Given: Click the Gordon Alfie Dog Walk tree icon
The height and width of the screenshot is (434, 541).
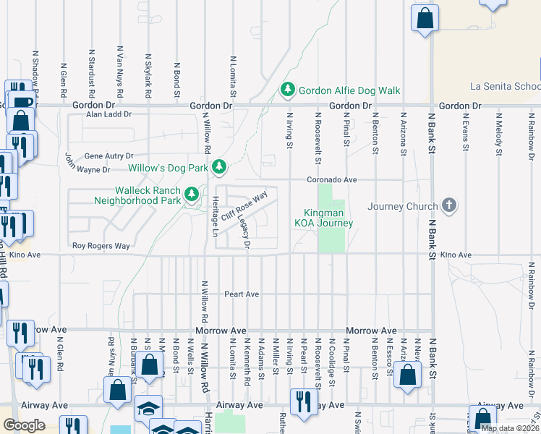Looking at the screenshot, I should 288,90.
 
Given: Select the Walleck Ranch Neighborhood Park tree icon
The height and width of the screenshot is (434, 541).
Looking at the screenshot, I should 192,194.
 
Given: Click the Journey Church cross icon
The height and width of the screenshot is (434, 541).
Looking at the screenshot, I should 449,206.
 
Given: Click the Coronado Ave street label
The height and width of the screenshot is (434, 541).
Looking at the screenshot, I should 332,179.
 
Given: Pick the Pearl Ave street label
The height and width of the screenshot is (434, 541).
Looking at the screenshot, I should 242,294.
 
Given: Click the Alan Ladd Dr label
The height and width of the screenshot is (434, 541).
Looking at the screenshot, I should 108,114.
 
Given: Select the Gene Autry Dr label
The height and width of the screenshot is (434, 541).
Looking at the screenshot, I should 109,156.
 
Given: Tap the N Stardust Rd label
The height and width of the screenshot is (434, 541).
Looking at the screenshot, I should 92,74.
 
